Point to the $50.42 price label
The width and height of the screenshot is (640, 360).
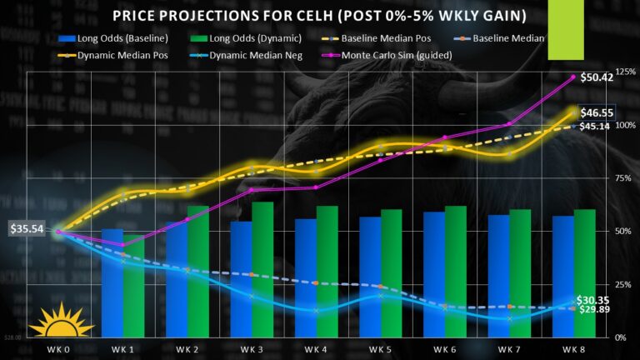597,77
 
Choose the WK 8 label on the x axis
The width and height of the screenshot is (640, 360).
572,347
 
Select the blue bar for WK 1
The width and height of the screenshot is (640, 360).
112,283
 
